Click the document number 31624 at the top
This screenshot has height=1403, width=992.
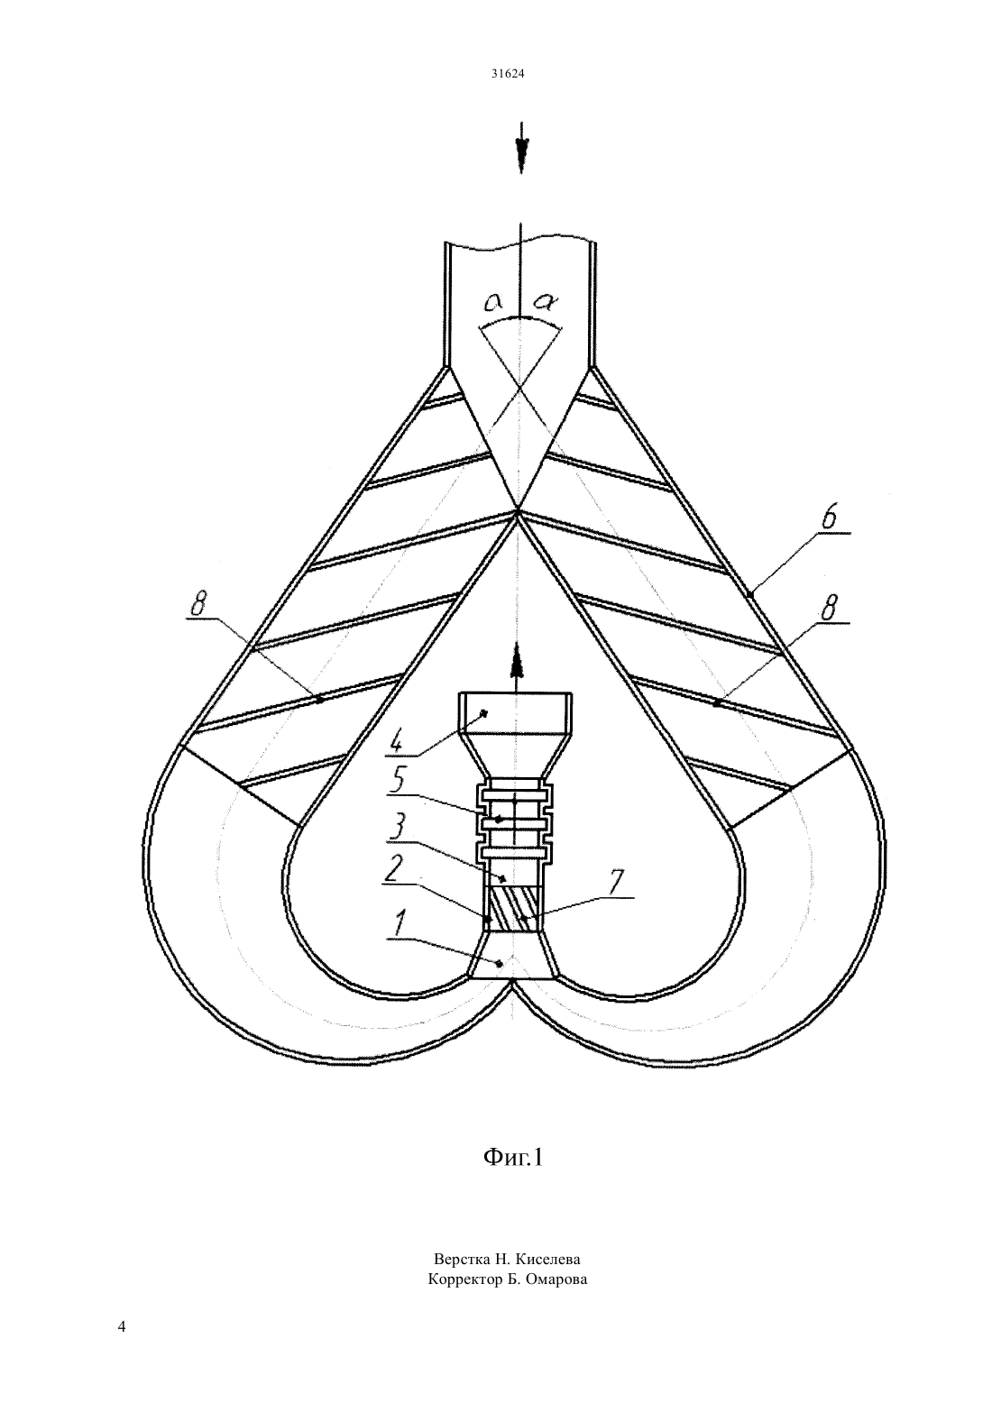(507, 73)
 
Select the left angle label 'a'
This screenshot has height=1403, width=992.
(495, 303)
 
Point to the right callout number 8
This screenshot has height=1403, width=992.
(830, 610)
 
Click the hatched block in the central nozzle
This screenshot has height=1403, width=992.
(512, 909)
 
